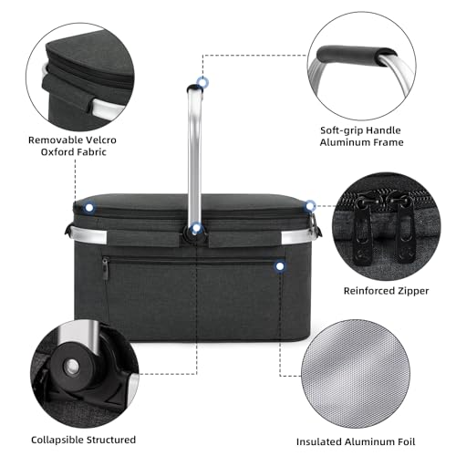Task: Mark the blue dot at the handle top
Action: [x=202, y=83]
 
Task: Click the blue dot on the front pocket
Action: [x=279, y=266]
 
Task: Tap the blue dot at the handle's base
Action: [x=196, y=228]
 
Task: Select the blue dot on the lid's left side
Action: [x=88, y=207]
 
